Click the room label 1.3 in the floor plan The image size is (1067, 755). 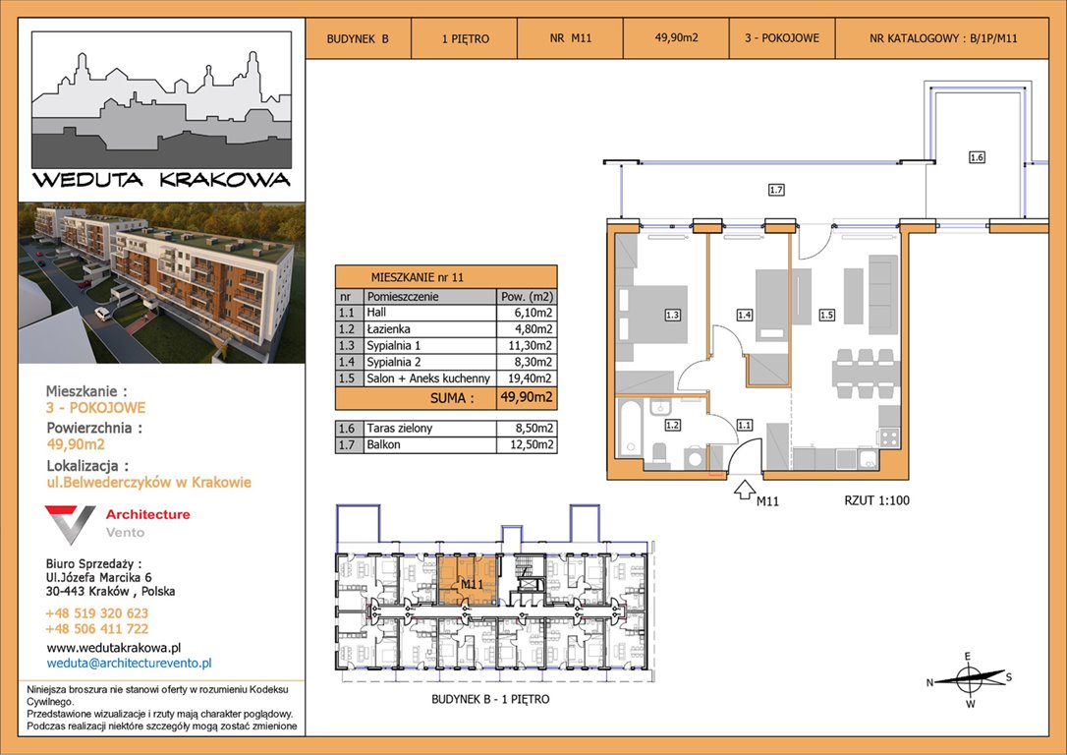click(672, 316)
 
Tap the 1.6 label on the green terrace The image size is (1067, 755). click(977, 157)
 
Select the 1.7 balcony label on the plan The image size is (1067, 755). click(776, 190)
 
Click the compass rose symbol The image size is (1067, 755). click(969, 678)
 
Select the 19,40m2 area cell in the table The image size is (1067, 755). click(527, 378)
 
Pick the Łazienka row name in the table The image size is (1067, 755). click(388, 328)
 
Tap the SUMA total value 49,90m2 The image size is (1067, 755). click(526, 397)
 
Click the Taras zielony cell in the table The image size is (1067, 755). click(400, 429)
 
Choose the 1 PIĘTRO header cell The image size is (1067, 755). click(466, 38)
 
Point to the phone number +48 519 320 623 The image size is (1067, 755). click(96, 613)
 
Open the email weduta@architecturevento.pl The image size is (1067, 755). click(130, 663)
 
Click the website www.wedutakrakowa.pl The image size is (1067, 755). click(114, 648)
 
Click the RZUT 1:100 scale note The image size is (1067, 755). click(876, 500)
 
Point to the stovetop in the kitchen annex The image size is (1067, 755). click(889, 437)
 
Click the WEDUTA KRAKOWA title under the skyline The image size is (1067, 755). click(161, 180)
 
